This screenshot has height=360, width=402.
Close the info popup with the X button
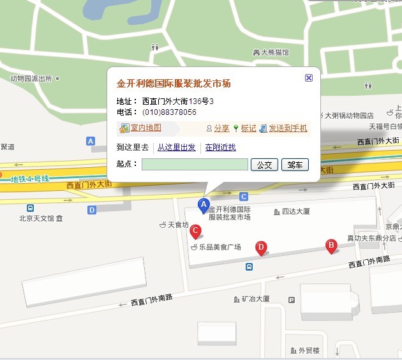click(309, 78)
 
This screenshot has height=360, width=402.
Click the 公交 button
click(264, 165)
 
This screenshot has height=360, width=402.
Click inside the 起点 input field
click(195, 165)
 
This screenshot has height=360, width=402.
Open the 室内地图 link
click(145, 128)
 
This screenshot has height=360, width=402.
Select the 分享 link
click(221, 128)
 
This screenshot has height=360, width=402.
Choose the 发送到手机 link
click(287, 128)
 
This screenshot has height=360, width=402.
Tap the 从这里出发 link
click(177, 147)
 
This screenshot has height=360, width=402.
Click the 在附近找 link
click(220, 147)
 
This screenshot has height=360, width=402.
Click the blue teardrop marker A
click(204, 206)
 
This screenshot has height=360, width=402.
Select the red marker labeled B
click(331, 246)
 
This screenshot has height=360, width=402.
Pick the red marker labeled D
click(260, 248)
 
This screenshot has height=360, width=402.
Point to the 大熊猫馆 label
click(274, 52)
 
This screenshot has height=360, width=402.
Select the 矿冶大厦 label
click(256, 299)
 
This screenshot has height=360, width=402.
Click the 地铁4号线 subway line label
click(30, 179)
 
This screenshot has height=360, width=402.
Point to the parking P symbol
click(292, 300)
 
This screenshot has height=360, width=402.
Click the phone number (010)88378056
click(169, 112)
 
